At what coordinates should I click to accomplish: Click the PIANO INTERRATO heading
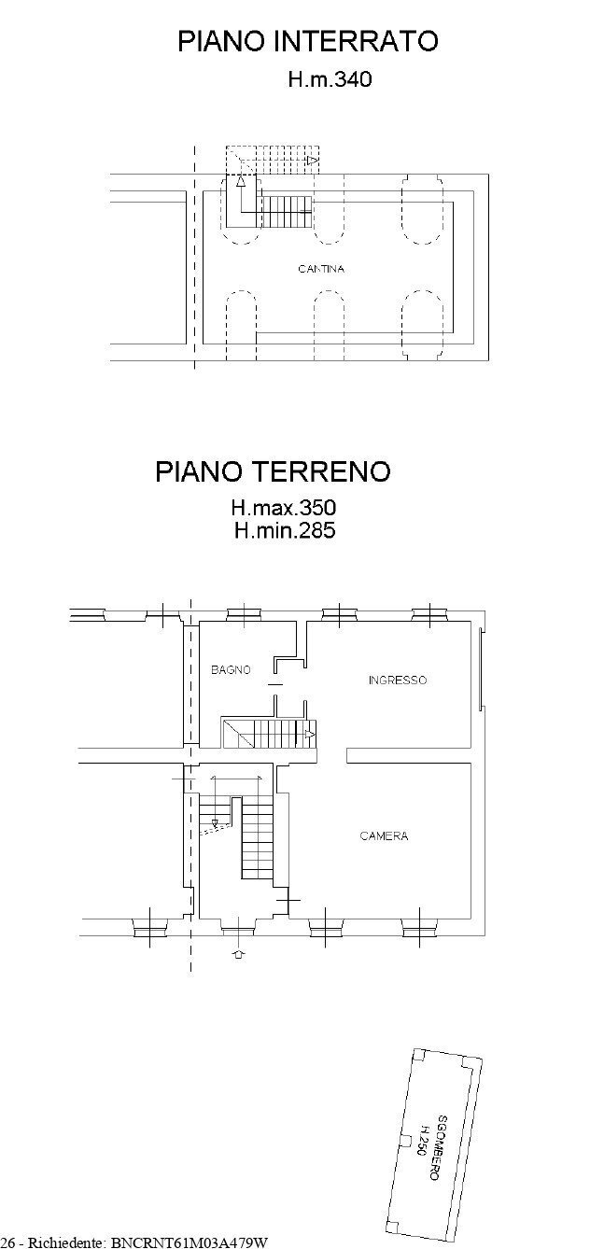pos(308,41)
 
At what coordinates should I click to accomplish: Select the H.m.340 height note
pos(329,81)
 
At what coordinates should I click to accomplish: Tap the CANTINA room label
pos(321,270)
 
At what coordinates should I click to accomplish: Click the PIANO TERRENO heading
pos(273,471)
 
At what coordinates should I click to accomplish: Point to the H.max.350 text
pos(283,509)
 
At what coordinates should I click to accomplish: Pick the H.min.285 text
pos(285,532)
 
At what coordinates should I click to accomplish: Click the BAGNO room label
pos(230,669)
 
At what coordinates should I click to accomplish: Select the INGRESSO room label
pos(398,681)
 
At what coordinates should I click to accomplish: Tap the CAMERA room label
pos(384,836)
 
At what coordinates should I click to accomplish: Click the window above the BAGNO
pos(245,612)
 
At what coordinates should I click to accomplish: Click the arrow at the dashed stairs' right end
pos(313,161)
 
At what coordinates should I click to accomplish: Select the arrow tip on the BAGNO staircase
pos(310,735)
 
